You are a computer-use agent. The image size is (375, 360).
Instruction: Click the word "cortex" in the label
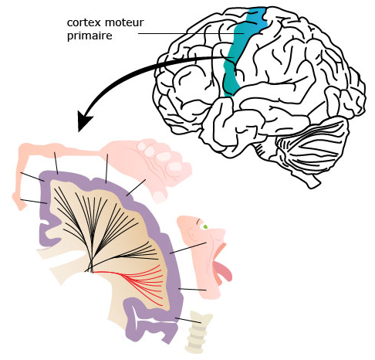[83, 23]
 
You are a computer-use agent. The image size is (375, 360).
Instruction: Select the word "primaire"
[90, 36]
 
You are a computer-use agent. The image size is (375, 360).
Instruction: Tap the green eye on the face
[205, 227]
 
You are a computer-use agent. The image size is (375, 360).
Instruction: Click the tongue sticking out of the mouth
[223, 271]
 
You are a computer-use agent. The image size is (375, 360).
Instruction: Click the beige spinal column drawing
[198, 331]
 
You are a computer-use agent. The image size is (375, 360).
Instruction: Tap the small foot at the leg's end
[19, 202]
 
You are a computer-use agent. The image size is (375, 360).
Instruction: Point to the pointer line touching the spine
[188, 321]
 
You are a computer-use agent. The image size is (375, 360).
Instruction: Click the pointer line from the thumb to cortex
[136, 188]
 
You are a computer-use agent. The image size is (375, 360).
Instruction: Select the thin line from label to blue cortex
[191, 33]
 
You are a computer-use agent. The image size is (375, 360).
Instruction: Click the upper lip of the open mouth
[221, 248]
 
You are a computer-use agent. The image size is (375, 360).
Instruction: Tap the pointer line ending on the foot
[34, 202]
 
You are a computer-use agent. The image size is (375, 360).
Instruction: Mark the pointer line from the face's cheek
[188, 248]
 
